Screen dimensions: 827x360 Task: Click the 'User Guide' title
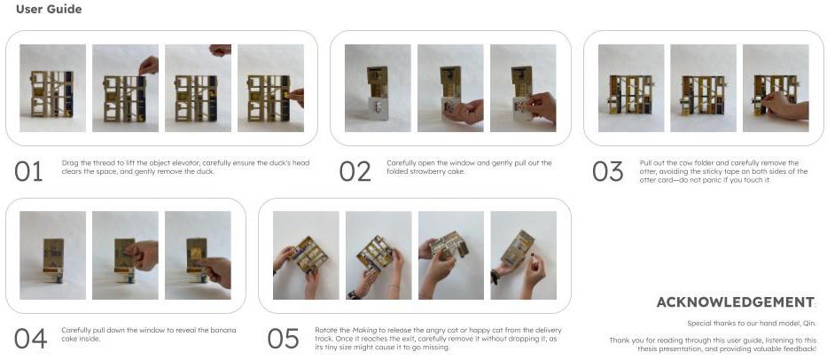(49, 9)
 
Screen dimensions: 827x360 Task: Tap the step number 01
(28, 171)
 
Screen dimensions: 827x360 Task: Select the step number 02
(355, 171)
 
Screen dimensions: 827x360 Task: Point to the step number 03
(607, 171)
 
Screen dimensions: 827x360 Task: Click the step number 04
(30, 339)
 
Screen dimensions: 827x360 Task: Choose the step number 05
(284, 339)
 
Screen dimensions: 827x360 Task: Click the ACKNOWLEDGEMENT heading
(735, 302)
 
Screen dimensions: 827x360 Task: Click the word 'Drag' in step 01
(69, 163)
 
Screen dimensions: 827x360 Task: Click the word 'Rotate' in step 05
(325, 330)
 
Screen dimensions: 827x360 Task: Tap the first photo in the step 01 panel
(53, 88)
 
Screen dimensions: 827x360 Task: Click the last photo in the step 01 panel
(270, 88)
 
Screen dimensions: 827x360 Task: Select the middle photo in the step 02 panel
(450, 88)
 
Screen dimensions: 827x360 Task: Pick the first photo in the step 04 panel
(53, 255)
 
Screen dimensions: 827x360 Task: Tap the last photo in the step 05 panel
(523, 255)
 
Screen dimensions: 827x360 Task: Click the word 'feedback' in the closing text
(799, 348)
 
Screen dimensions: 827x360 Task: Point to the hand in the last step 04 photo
(216, 270)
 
